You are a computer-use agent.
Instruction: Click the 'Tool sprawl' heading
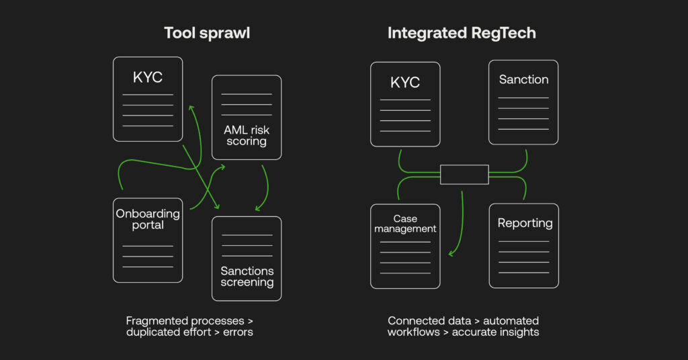tap(207, 33)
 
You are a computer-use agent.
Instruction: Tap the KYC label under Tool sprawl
tap(148, 77)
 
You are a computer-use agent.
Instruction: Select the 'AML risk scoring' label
tap(247, 136)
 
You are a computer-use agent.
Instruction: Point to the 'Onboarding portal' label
tap(148, 219)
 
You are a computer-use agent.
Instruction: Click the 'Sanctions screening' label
tap(247, 277)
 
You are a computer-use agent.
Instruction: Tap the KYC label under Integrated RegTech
tap(405, 83)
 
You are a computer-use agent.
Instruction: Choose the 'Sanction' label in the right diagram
tap(523, 79)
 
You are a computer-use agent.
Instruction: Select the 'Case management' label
tap(405, 224)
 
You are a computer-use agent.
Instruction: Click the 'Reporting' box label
tap(525, 223)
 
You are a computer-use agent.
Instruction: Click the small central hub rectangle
tap(464, 175)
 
